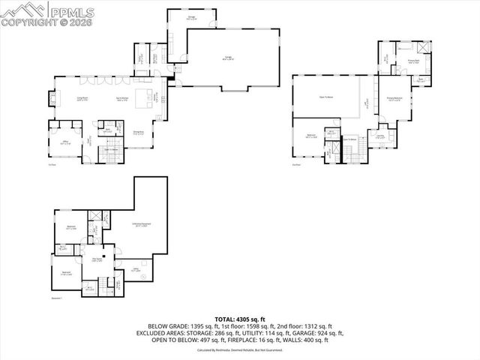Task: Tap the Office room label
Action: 64,142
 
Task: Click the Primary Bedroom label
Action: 395,98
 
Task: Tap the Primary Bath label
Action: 413,62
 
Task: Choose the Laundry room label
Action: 380,137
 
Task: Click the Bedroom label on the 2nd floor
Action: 310,136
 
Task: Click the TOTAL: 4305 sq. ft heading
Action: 239,319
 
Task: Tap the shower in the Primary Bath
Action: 424,47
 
